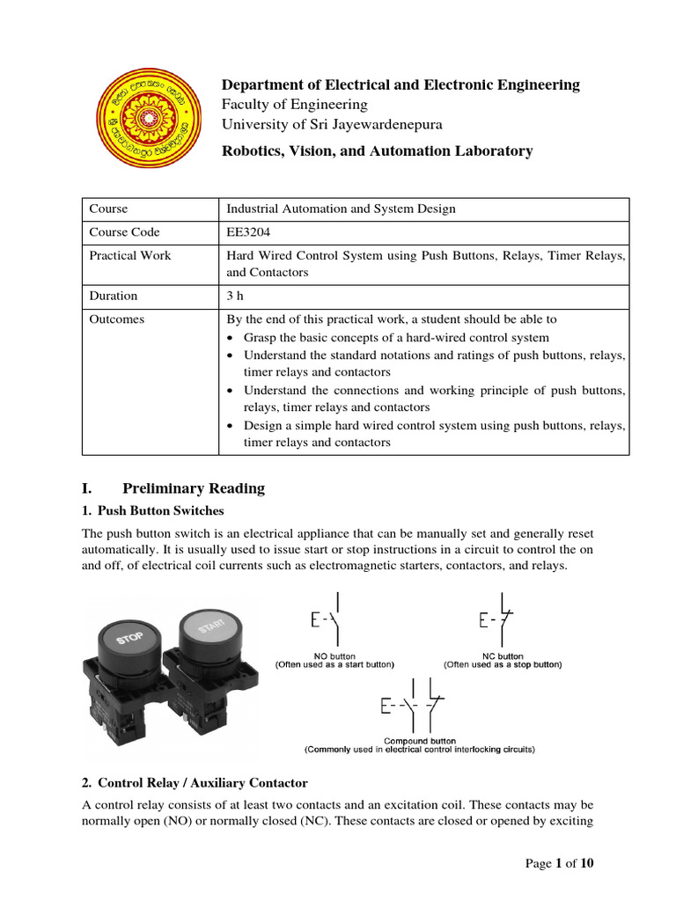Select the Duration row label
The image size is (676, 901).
click(x=114, y=296)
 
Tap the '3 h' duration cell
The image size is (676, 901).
click(x=235, y=296)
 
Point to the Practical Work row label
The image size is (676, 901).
click(x=130, y=255)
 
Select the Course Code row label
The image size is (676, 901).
click(x=125, y=232)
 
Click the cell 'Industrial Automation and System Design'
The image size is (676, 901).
click(x=342, y=209)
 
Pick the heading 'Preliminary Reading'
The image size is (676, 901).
click(x=193, y=488)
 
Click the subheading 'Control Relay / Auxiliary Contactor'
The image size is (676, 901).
click(x=202, y=782)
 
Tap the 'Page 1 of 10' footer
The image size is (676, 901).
click(x=560, y=863)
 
